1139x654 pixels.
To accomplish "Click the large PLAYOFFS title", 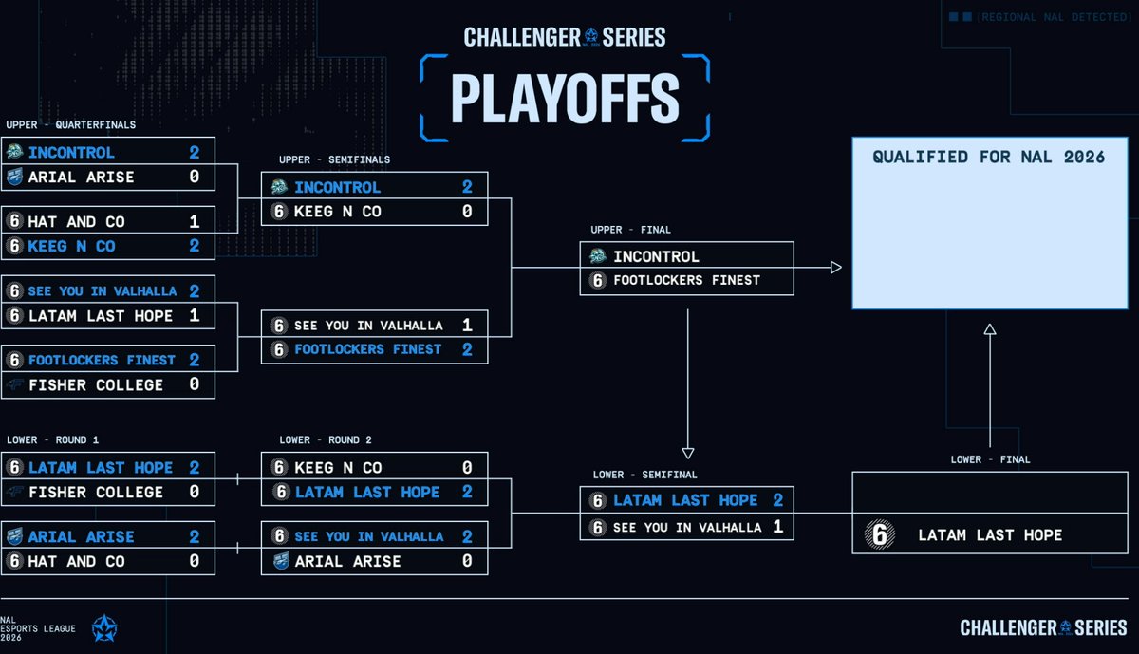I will pos(565,98).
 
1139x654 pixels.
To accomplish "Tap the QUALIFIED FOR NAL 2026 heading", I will pos(989,157).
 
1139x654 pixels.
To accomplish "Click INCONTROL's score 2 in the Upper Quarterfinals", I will pos(194,152).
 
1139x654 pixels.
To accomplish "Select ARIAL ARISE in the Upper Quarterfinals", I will pos(82,177).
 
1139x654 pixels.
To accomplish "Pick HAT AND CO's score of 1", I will pos(194,221).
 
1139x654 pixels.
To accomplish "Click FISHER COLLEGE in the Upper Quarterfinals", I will pos(96,384).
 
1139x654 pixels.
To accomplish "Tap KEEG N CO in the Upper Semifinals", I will pos(338,212).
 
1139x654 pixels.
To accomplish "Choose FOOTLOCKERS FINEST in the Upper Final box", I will pos(686,280).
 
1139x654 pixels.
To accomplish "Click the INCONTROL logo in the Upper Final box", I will pos(598,256).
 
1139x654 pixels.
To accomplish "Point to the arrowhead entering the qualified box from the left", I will pos(835,268).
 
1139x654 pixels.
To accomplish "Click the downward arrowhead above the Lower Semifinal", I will pos(688,453).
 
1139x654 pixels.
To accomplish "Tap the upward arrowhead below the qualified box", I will pos(989,329).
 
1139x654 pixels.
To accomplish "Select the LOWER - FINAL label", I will pos(990,459).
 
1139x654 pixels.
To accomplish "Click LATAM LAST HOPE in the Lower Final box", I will pos(990,535).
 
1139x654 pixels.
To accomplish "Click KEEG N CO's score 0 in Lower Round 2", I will pos(467,467).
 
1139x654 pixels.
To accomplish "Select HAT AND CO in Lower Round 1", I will pos(77,561).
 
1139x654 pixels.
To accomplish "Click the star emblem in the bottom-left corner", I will pos(104,628).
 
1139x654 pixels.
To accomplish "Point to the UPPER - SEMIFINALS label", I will pos(334,159).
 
